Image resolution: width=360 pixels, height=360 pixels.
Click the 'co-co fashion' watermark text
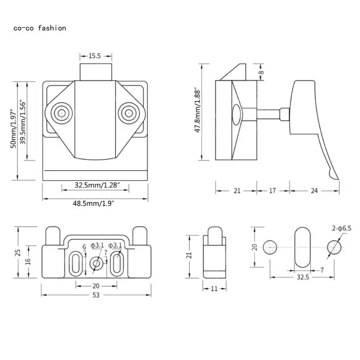coord(40,28)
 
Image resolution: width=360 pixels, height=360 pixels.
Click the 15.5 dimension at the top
coord(94,56)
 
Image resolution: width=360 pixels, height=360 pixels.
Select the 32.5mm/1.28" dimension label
coord(97,185)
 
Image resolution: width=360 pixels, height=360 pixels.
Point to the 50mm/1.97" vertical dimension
coord(14,130)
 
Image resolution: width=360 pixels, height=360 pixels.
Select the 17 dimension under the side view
coord(272,190)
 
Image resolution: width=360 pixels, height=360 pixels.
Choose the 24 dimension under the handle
coord(314,190)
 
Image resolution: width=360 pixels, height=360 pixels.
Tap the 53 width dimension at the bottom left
coord(95,295)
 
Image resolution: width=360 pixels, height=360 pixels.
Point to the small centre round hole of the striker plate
coord(95,262)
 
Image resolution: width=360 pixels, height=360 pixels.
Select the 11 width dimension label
coord(214,288)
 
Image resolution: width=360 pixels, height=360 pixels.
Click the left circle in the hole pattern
coord(270,247)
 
